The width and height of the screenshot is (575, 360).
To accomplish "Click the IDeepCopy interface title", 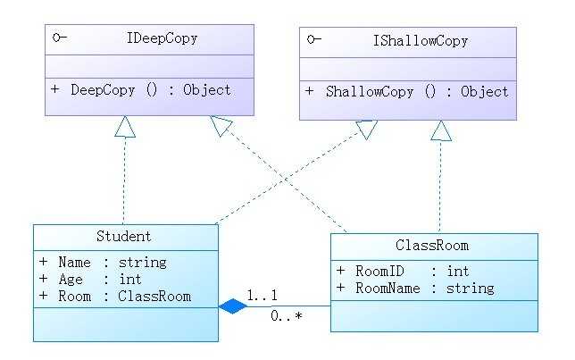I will coord(163,39).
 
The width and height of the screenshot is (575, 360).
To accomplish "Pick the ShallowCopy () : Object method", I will coord(416,91).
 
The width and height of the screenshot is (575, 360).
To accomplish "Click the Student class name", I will coord(123,237).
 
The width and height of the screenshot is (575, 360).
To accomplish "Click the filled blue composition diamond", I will coord(232,306).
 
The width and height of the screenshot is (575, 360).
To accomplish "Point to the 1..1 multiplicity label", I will coord(262,296).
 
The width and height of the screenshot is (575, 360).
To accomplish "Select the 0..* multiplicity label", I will coord(286,315).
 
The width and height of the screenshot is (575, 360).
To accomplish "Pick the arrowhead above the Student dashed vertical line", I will coord(125,126).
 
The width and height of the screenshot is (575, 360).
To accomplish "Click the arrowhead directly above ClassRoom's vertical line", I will coord(440,131).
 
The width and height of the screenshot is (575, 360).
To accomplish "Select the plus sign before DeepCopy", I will coord(54,89).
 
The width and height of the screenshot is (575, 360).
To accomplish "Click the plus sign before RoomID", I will coord(341,271).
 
